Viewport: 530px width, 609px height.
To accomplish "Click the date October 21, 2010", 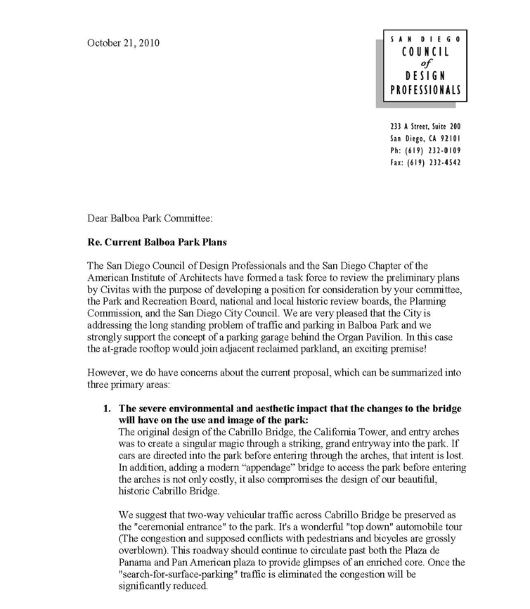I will click(x=123, y=43).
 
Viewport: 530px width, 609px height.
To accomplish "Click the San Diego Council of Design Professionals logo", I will click(x=425, y=65).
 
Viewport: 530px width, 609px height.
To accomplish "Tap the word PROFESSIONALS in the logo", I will click(x=426, y=90).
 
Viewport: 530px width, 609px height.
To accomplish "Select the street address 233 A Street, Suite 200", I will click(x=426, y=127).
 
